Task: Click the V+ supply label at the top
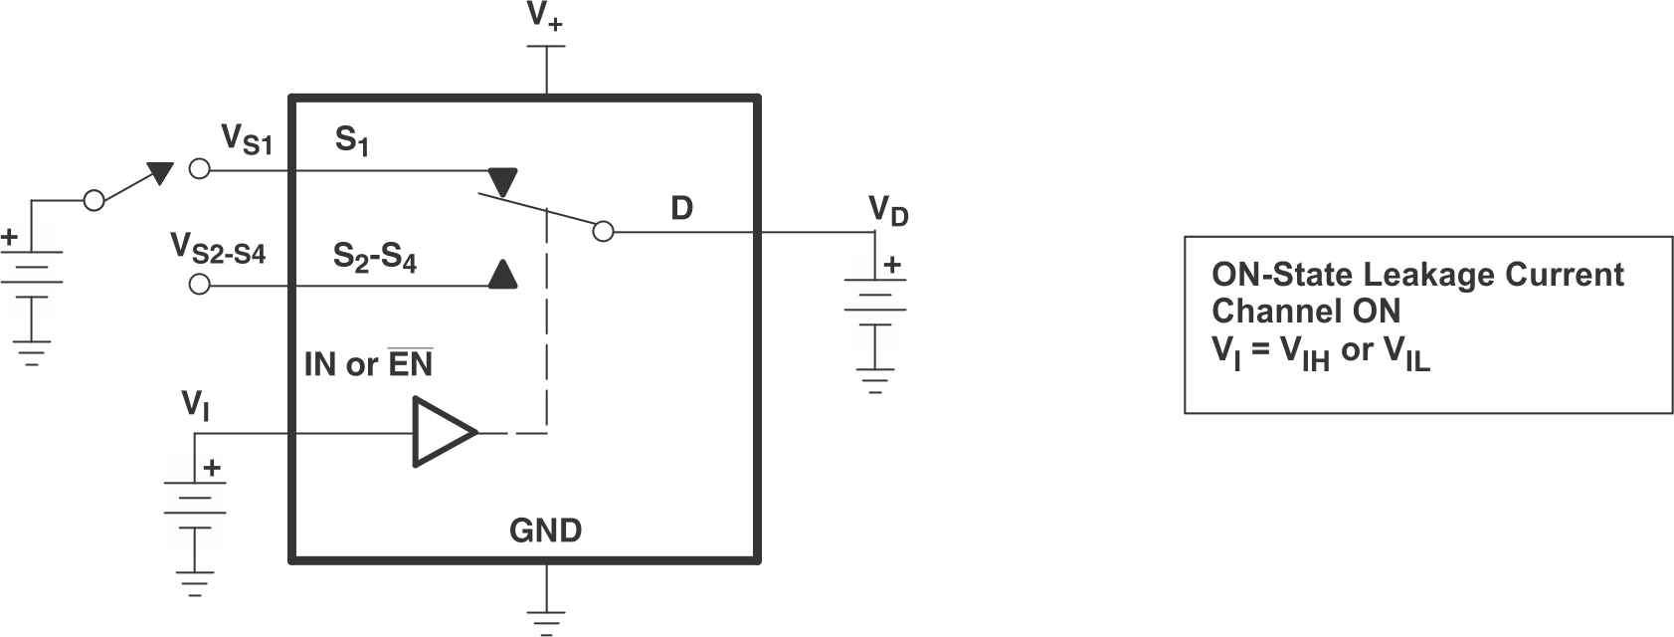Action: click(x=545, y=19)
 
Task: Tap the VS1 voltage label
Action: click(x=246, y=139)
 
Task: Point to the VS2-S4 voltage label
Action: click(x=218, y=248)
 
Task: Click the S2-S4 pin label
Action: click(x=374, y=258)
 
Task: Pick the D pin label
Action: click(x=681, y=208)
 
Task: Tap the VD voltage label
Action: click(x=888, y=210)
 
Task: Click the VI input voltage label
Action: click(x=195, y=405)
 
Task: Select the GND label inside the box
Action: click(x=545, y=531)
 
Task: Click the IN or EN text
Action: click(x=368, y=365)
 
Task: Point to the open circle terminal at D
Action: click(x=602, y=232)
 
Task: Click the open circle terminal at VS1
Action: click(x=199, y=168)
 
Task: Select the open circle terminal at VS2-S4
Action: click(x=199, y=285)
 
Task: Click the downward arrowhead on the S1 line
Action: click(x=503, y=181)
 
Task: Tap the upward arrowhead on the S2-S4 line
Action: click(x=503, y=274)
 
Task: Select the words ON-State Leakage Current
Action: click(x=1417, y=275)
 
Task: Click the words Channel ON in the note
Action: click(x=1305, y=312)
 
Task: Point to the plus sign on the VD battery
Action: click(x=892, y=265)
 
